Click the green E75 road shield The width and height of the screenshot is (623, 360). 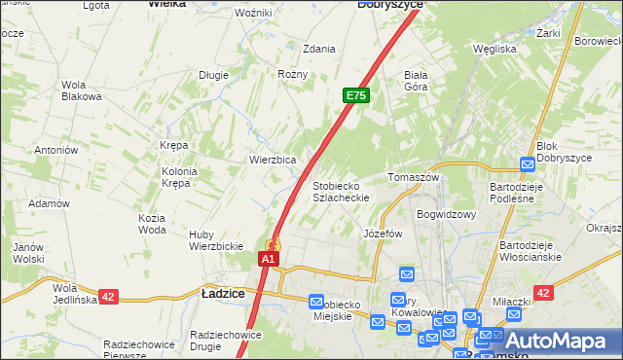pyautogui.click(x=356, y=95)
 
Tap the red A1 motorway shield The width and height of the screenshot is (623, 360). pyautogui.click(x=270, y=260)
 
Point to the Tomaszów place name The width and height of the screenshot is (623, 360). pyautogui.click(x=414, y=178)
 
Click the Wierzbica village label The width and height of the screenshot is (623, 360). pyautogui.click(x=273, y=159)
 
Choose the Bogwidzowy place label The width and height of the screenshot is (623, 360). pyautogui.click(x=446, y=214)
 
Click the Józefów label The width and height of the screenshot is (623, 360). pyautogui.click(x=383, y=234)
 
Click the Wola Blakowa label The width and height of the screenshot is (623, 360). pyautogui.click(x=81, y=90)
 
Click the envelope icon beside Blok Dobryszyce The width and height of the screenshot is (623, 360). pyautogui.click(x=528, y=164)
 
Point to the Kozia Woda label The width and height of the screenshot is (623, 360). pyautogui.click(x=152, y=224)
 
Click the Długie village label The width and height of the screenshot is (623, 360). pyautogui.click(x=213, y=74)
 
